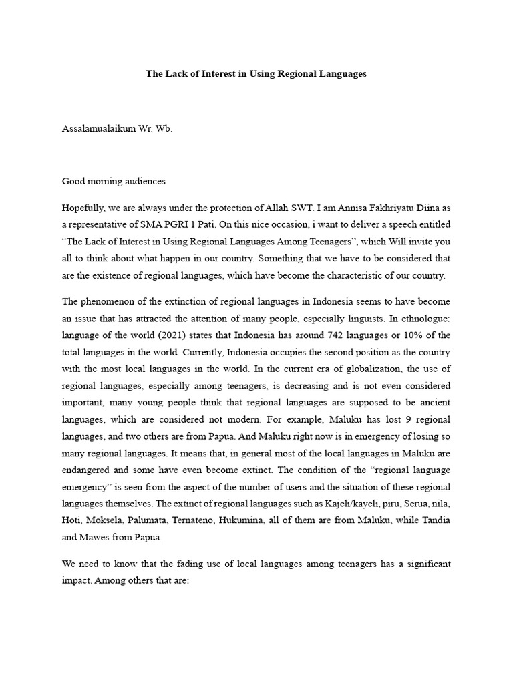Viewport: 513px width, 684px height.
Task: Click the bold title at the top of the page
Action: [x=256, y=74]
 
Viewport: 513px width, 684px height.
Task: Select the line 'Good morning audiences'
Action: [x=114, y=181]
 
